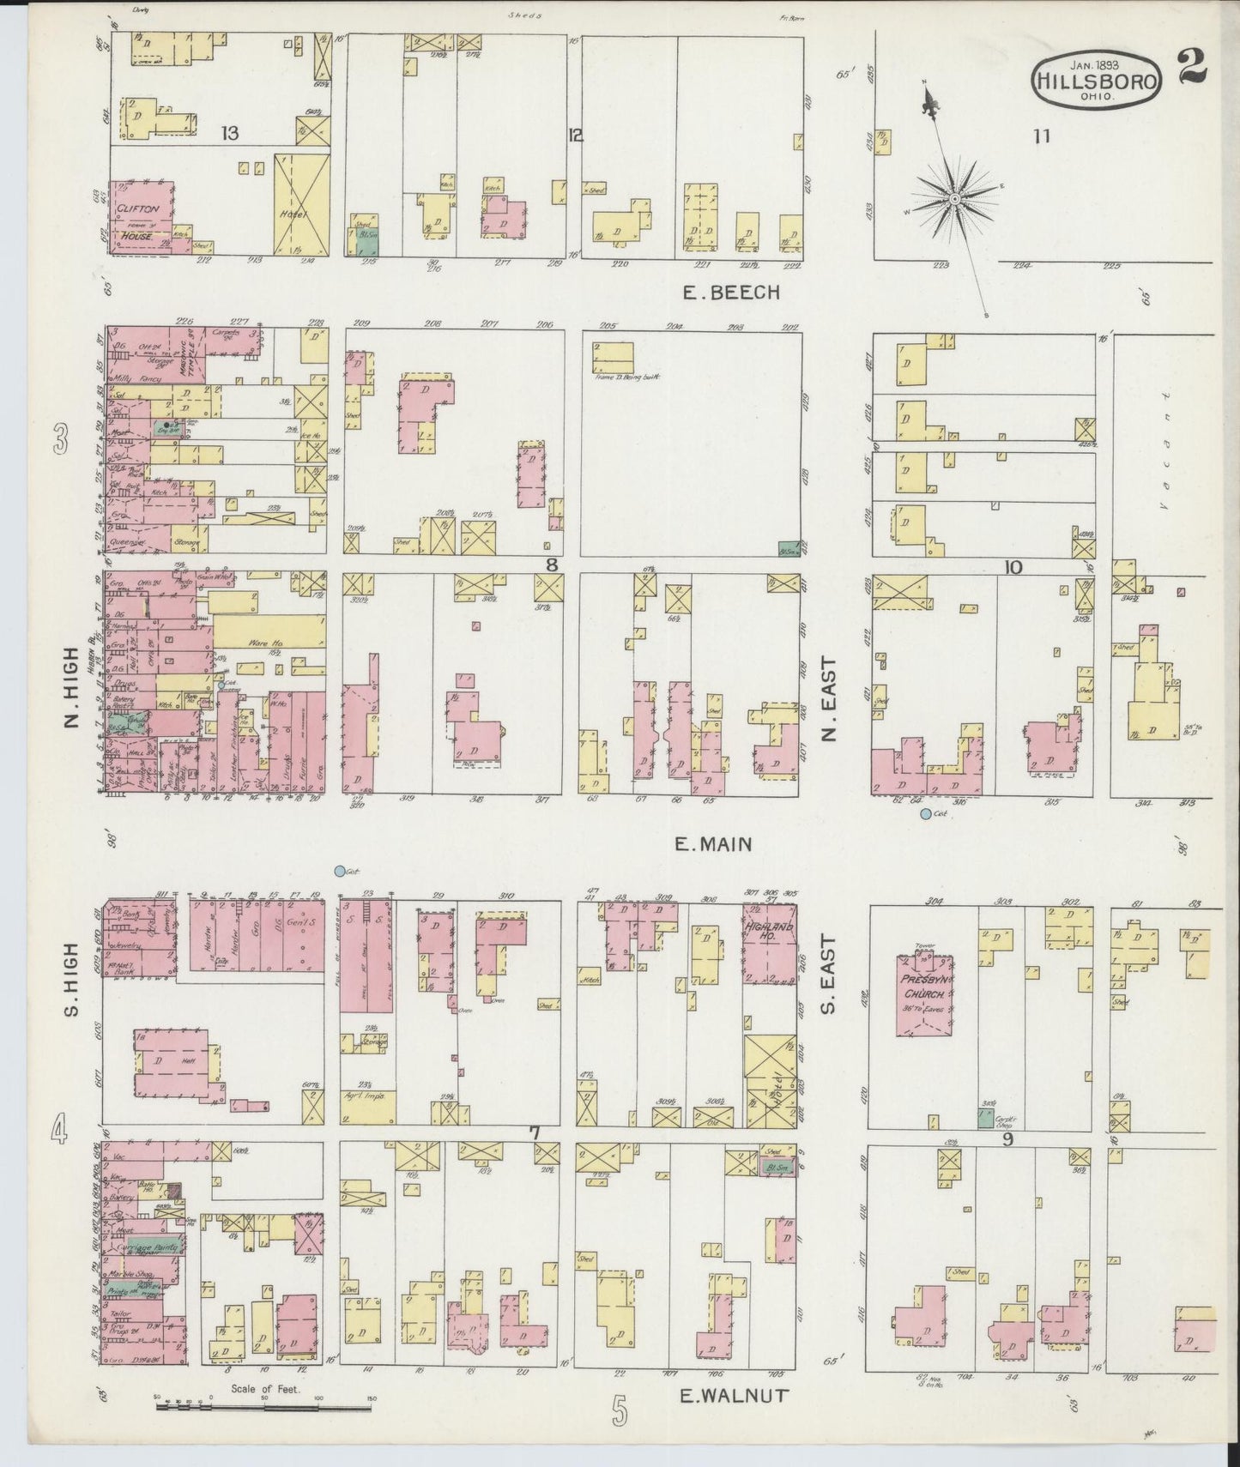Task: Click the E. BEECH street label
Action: tap(731, 293)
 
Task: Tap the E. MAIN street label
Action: tap(712, 844)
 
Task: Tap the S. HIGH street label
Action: tap(72, 992)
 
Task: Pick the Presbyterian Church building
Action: tap(922, 994)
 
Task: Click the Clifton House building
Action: tap(140, 218)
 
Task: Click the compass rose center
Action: tap(953, 200)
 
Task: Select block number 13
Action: tap(228, 134)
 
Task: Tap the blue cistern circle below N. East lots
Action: tap(925, 813)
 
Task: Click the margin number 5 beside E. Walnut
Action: tap(620, 1410)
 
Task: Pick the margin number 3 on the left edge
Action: tap(60, 443)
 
